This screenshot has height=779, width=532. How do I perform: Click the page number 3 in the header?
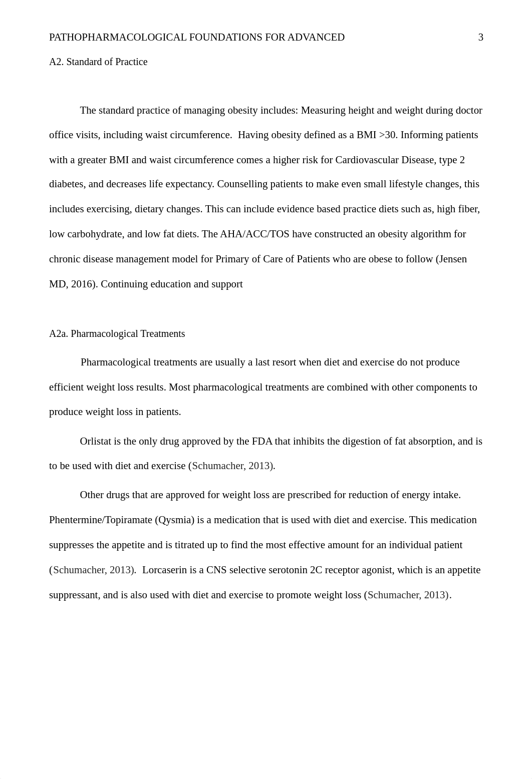480,37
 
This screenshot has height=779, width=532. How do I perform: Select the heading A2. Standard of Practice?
98,62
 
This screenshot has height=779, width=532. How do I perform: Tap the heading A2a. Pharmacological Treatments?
117,334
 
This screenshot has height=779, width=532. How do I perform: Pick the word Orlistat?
96,442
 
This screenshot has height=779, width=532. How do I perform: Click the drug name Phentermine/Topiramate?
101,520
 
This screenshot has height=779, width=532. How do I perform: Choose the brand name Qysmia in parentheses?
175,520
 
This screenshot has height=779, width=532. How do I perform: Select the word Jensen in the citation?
452,259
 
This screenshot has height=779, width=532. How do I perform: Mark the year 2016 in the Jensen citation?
82,284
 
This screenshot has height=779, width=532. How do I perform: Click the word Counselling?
242,184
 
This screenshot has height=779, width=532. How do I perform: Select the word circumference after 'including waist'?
201,135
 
